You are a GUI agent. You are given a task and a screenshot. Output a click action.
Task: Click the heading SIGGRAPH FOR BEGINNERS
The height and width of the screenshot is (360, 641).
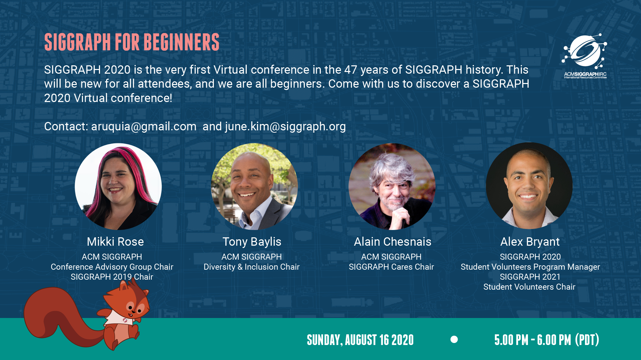click(132, 42)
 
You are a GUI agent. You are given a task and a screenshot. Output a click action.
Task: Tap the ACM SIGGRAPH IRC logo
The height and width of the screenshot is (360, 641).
click(585, 56)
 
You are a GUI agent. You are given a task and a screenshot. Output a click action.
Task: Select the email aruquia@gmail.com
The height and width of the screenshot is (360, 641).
click(144, 127)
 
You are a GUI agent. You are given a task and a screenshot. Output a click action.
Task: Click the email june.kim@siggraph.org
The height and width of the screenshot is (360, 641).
click(285, 127)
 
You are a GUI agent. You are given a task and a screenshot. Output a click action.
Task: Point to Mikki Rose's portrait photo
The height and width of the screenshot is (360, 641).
click(118, 186)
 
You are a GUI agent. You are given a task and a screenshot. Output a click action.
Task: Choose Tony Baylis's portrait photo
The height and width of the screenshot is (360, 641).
click(254, 186)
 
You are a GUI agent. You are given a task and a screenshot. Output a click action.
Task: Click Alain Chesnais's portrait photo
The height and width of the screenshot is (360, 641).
click(392, 186)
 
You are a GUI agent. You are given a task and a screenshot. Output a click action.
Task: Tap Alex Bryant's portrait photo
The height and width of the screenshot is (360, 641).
click(529, 186)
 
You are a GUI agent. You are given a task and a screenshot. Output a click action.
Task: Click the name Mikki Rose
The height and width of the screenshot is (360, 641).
click(115, 242)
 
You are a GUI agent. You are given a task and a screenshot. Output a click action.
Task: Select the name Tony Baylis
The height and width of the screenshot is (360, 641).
click(252, 242)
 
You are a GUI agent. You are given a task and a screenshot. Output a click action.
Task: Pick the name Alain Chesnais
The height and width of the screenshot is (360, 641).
click(393, 242)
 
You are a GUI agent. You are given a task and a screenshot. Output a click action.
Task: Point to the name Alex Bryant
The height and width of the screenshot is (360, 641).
click(530, 242)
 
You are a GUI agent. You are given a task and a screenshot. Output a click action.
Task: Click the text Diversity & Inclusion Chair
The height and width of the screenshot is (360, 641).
click(251, 267)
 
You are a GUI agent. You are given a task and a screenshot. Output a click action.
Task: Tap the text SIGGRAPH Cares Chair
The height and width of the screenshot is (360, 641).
click(391, 267)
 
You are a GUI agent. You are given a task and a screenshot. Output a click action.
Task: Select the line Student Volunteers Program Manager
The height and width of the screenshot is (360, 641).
click(530, 267)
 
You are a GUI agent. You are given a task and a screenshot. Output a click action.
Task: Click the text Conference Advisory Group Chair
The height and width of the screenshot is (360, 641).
click(112, 267)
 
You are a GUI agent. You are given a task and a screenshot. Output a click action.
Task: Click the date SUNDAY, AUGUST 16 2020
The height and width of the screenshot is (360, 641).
click(360, 340)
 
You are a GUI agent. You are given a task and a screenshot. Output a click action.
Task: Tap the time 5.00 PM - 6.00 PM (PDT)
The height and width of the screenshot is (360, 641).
click(547, 340)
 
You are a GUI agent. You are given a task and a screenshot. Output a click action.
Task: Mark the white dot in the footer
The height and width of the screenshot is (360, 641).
click(454, 339)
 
